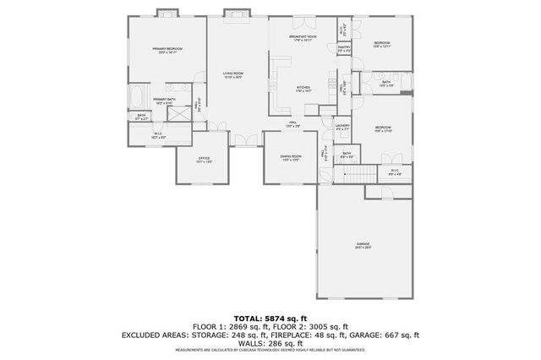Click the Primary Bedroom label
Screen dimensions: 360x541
coord(167,50)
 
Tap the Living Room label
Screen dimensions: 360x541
coord(233,77)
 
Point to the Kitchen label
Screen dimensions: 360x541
coord(303,88)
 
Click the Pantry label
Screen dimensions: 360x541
coord(344,49)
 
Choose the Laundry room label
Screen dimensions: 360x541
coord(342,127)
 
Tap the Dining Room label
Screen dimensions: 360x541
coord(290,158)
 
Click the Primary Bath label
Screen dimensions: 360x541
coord(165,100)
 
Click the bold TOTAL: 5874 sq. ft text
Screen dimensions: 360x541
coord(270,317)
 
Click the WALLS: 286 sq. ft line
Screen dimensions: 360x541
coord(270,344)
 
